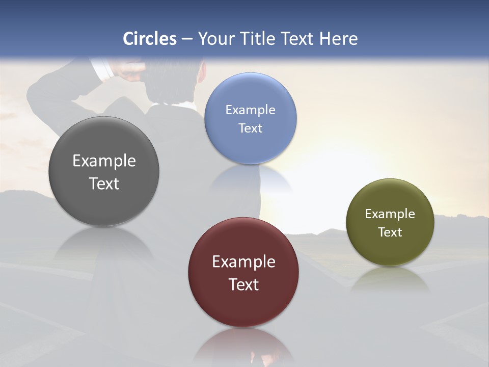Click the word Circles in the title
(x=150, y=39)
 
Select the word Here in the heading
(x=339, y=39)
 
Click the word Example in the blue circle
(x=250, y=110)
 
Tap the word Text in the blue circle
(x=250, y=128)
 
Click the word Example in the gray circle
(x=104, y=161)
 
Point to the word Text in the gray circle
(x=104, y=183)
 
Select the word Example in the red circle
(x=243, y=262)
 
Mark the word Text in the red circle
(x=243, y=284)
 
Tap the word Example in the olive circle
(x=390, y=214)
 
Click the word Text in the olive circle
(x=390, y=232)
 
